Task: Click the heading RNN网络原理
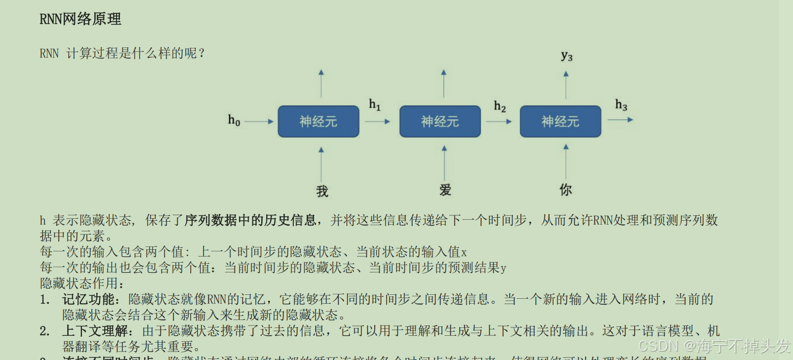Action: pyautogui.click(x=80, y=19)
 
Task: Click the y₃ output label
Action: pyautogui.click(x=566, y=56)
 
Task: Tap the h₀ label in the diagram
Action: pyautogui.click(x=234, y=120)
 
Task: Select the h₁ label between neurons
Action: pyautogui.click(x=375, y=104)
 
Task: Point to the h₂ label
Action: pyautogui.click(x=500, y=106)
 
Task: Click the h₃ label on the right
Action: pyautogui.click(x=621, y=105)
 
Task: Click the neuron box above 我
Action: pyautogui.click(x=318, y=121)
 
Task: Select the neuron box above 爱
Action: pyautogui.click(x=440, y=121)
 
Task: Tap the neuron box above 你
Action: pyautogui.click(x=560, y=121)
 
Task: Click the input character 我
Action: pyautogui.click(x=322, y=191)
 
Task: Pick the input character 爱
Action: pyautogui.click(x=445, y=190)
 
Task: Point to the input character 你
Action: pyautogui.click(x=566, y=190)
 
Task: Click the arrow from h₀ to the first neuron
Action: pyautogui.click(x=259, y=121)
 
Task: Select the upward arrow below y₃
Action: pyautogui.click(x=566, y=85)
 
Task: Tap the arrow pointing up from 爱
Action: pyautogui.click(x=444, y=163)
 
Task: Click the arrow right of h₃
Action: pyautogui.click(x=620, y=120)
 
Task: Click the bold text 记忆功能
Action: pyautogui.click(x=88, y=299)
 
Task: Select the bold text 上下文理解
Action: pyautogui.click(x=95, y=331)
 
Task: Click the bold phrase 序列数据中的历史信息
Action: pyautogui.click(x=250, y=220)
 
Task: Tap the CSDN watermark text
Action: pyautogui.click(x=714, y=346)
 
